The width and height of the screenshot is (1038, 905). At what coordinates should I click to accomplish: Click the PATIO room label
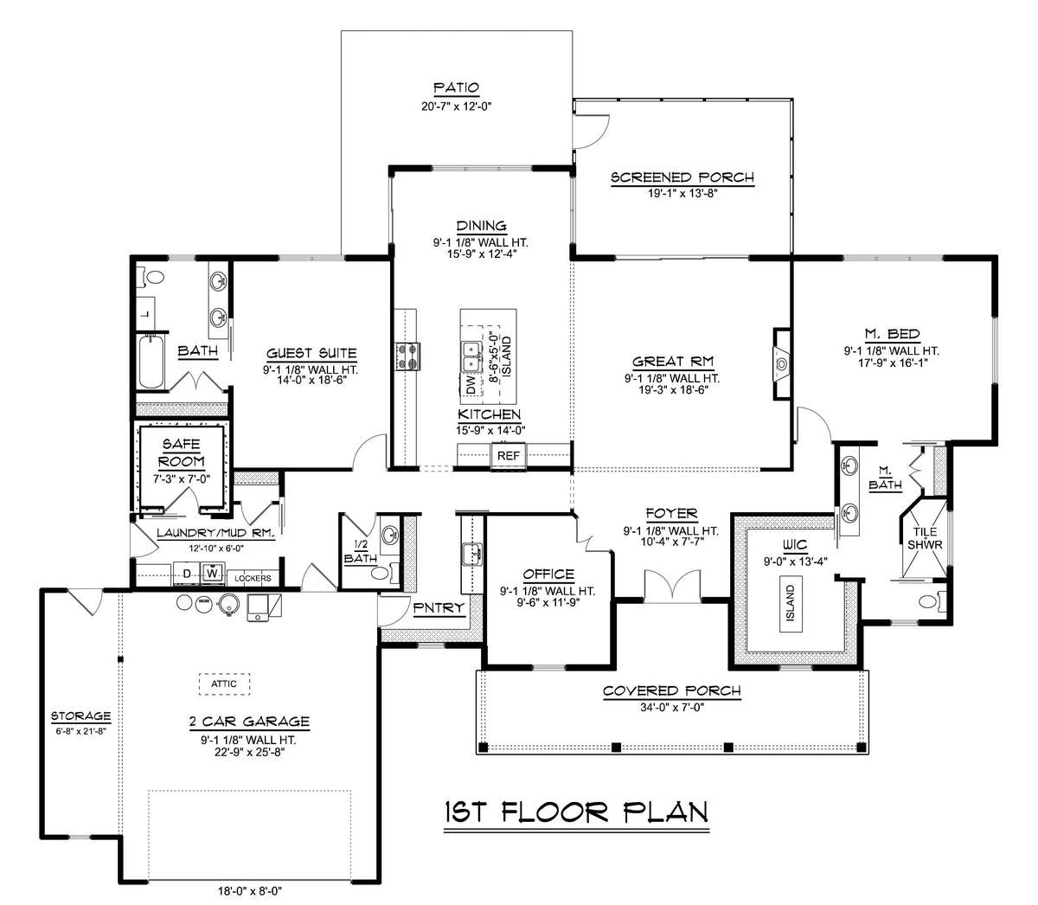click(x=456, y=87)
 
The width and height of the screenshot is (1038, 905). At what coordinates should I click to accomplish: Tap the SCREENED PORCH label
click(x=682, y=178)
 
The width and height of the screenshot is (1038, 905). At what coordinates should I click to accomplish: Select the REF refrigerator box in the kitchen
click(x=506, y=455)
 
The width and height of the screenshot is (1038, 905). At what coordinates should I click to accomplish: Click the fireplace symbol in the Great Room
click(x=781, y=363)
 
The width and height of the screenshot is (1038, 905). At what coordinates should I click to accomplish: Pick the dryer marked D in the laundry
click(x=185, y=573)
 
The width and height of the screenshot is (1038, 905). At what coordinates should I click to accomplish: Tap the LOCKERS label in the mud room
click(x=253, y=578)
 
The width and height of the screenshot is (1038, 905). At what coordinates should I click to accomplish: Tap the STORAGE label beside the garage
click(x=80, y=716)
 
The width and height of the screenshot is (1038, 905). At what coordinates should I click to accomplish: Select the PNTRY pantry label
click(x=439, y=608)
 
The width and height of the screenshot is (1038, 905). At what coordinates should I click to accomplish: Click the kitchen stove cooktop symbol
click(x=407, y=355)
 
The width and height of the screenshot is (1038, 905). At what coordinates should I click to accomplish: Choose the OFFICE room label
click(x=548, y=574)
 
